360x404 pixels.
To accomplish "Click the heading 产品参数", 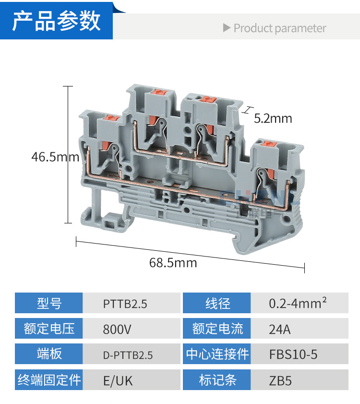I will pyautogui.click(x=56, y=22).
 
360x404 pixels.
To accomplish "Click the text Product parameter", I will pyautogui.click(x=279, y=28).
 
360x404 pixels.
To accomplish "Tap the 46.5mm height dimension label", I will pyautogui.click(x=55, y=157).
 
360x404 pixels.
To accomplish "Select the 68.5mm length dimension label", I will pyautogui.click(x=173, y=263).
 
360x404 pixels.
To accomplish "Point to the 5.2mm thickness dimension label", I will pyautogui.click(x=273, y=118).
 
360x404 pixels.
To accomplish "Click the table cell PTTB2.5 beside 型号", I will pyautogui.click(x=125, y=304).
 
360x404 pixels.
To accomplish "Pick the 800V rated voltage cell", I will pyautogui.click(x=117, y=330).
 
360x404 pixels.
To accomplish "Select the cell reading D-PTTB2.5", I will pyautogui.click(x=128, y=355).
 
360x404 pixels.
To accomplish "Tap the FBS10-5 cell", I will pyautogui.click(x=293, y=355).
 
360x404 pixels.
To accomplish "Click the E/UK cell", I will pyautogui.click(x=118, y=381).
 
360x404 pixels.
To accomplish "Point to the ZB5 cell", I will pyautogui.click(x=280, y=381).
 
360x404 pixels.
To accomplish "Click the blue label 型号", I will pyautogui.click(x=49, y=304).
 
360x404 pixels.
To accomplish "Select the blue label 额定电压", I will pyautogui.click(x=49, y=329).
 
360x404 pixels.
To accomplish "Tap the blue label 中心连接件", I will pyautogui.click(x=217, y=355).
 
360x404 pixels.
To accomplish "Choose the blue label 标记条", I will pyautogui.click(x=217, y=380).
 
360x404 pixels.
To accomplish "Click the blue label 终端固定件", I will pyautogui.click(x=49, y=380).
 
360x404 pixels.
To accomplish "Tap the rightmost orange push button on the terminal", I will pyautogui.click(x=266, y=143).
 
